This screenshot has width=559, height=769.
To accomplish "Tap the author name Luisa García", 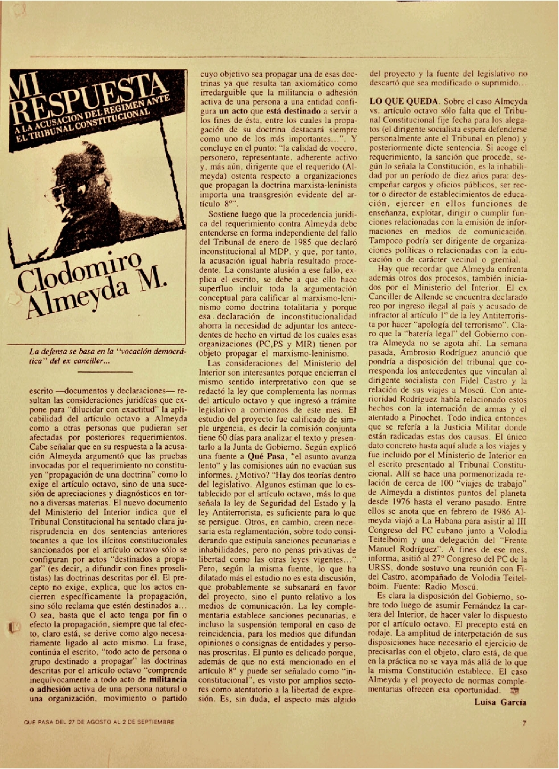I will pos(500,702).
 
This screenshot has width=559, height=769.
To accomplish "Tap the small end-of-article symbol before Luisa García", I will pos(513,690).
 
